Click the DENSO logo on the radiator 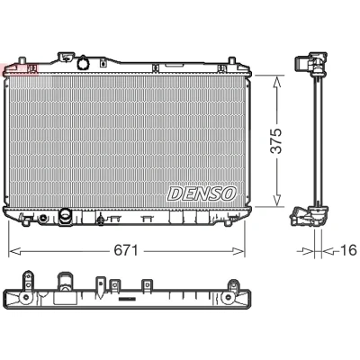pyautogui.click(x=202, y=193)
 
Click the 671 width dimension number pyautogui.click(x=126, y=250)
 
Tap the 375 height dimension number pyautogui.click(x=276, y=141)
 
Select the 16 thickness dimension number pyautogui.click(x=348, y=250)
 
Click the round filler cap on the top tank pyautogui.click(x=83, y=63)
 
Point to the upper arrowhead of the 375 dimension pyautogui.click(x=277, y=80)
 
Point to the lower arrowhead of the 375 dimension pyautogui.click(x=277, y=201)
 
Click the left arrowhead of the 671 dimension pyautogui.click(x=13, y=251)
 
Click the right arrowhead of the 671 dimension pyautogui.click(x=239, y=251)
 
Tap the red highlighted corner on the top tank pyautogui.click(x=21, y=70)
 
